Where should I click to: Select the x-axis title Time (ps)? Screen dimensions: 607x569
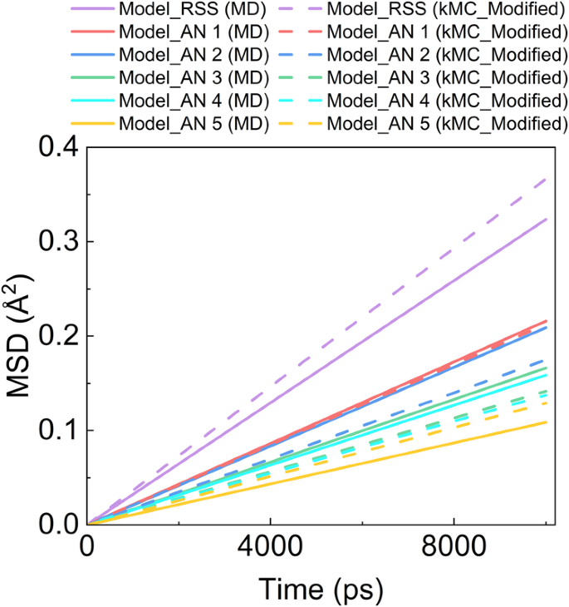click(320, 589)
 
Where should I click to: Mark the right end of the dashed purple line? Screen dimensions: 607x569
click(547, 178)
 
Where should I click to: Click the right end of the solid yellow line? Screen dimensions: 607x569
click(547, 422)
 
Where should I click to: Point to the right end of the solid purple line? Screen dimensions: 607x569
click(547, 219)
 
